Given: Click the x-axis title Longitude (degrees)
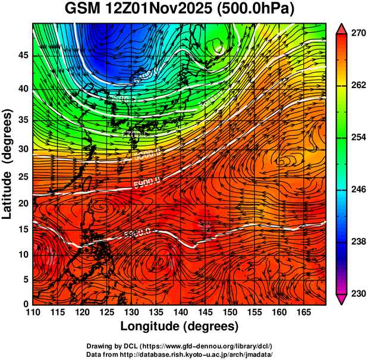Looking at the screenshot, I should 179,326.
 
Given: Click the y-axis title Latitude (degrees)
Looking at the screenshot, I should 8,164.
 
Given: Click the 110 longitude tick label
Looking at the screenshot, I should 33,312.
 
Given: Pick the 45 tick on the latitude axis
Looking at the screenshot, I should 23,55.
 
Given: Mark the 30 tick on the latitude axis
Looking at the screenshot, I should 23,149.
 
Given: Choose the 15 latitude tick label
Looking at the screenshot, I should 23,230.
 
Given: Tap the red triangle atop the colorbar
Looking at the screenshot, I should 342,29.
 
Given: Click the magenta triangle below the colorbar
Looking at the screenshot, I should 342,299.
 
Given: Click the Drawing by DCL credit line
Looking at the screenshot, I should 180,346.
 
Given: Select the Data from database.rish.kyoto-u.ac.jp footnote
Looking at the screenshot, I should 180,354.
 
